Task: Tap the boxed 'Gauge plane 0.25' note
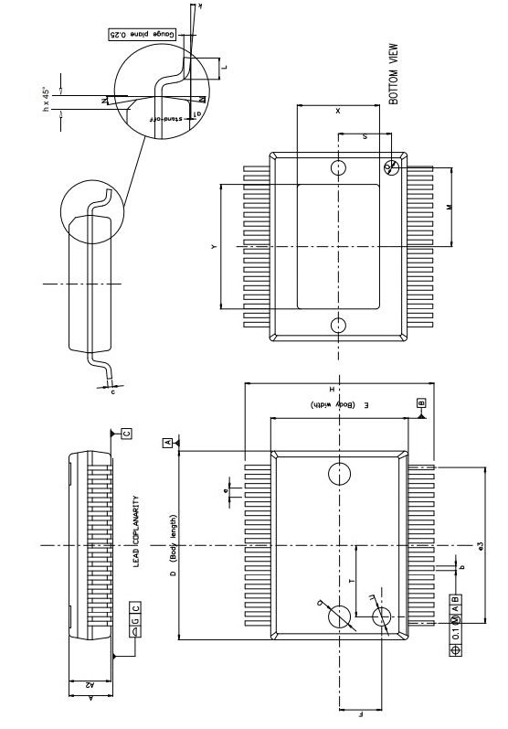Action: click(142, 34)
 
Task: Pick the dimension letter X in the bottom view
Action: click(337, 111)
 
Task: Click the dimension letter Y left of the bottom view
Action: click(214, 247)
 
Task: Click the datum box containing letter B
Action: click(421, 402)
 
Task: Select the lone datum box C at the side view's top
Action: click(125, 433)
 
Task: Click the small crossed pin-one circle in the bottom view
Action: click(392, 166)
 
